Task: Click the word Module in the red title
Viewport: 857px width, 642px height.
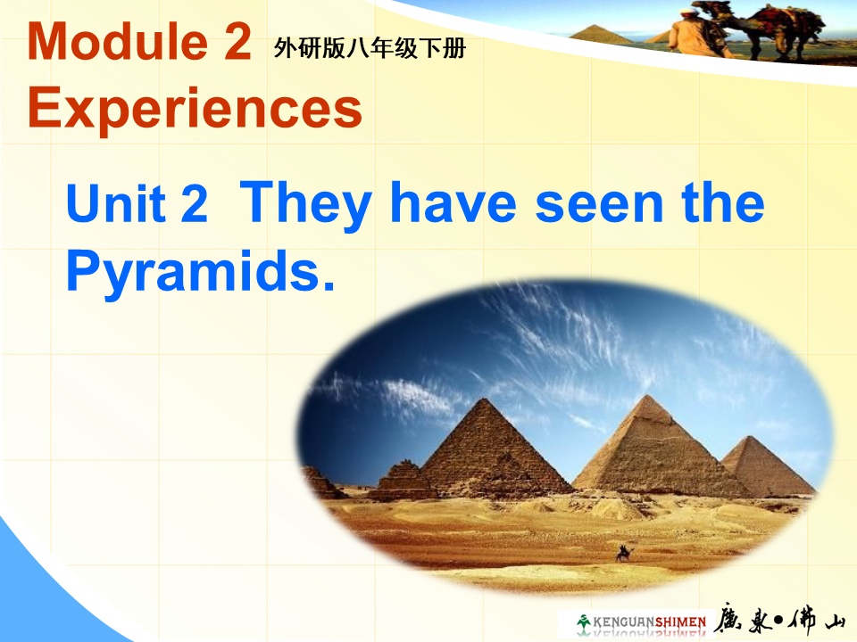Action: pos(118,42)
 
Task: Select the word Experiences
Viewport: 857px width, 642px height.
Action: pos(196,108)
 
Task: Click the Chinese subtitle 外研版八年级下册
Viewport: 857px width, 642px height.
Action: pos(370,48)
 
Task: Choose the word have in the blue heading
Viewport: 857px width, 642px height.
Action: pos(453,202)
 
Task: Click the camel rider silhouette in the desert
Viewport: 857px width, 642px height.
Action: pos(624,553)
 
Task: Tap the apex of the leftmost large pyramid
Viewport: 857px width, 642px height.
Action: pos(484,399)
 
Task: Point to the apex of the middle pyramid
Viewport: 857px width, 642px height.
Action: pos(648,395)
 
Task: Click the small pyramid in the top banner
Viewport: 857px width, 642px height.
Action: pos(600,34)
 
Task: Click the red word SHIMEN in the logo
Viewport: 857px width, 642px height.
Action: pos(680,622)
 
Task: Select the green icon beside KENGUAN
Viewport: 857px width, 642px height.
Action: pos(584,622)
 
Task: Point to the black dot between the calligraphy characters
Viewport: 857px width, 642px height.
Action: pos(778,621)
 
